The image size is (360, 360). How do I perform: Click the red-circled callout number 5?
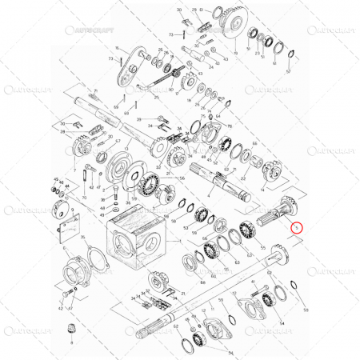pos(297,227)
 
